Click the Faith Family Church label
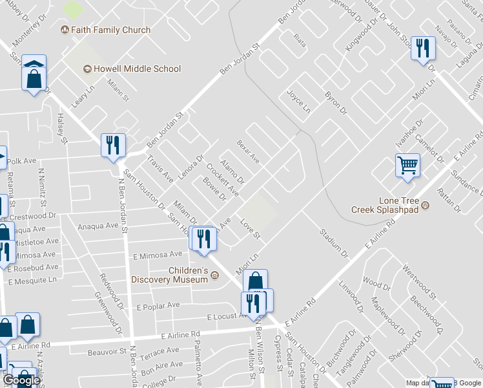[x=110, y=30]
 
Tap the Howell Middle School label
[x=141, y=69]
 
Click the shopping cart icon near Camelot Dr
[x=407, y=166]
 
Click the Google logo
[x=21, y=380]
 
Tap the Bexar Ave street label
[x=248, y=152]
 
